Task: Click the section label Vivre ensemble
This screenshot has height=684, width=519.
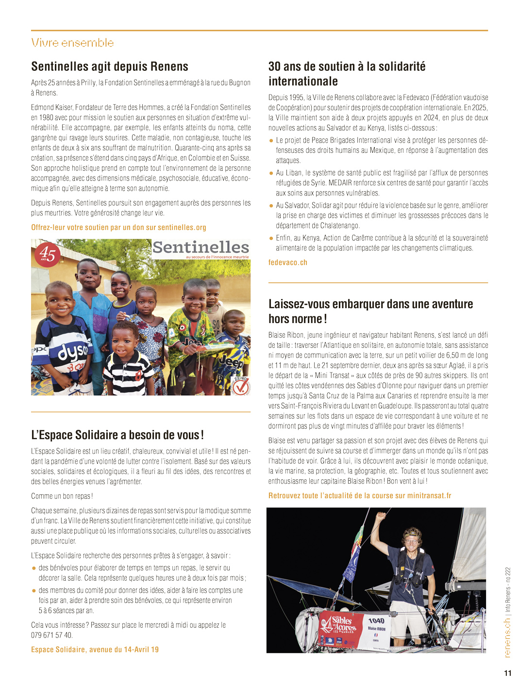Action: [72, 43]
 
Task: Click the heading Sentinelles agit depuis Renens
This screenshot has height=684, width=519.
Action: [110, 66]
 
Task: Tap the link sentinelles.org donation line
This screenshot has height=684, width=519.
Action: [118, 227]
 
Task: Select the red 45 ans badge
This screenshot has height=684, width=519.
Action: [47, 254]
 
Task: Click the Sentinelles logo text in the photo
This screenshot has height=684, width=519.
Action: [201, 248]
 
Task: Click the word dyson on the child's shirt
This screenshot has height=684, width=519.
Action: [73, 353]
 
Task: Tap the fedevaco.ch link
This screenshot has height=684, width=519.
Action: [288, 262]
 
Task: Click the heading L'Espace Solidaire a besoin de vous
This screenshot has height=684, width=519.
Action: [117, 435]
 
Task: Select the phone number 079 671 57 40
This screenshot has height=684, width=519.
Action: [52, 635]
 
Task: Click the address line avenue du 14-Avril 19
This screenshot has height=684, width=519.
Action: [95, 650]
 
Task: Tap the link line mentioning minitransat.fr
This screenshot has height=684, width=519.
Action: [360, 496]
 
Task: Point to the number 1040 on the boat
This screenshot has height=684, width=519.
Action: [376, 620]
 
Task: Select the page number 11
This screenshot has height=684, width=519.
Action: [508, 673]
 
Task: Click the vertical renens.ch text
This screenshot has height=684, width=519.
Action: [507, 637]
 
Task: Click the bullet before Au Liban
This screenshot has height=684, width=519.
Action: [271, 173]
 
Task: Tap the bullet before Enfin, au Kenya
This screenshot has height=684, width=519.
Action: [271, 238]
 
